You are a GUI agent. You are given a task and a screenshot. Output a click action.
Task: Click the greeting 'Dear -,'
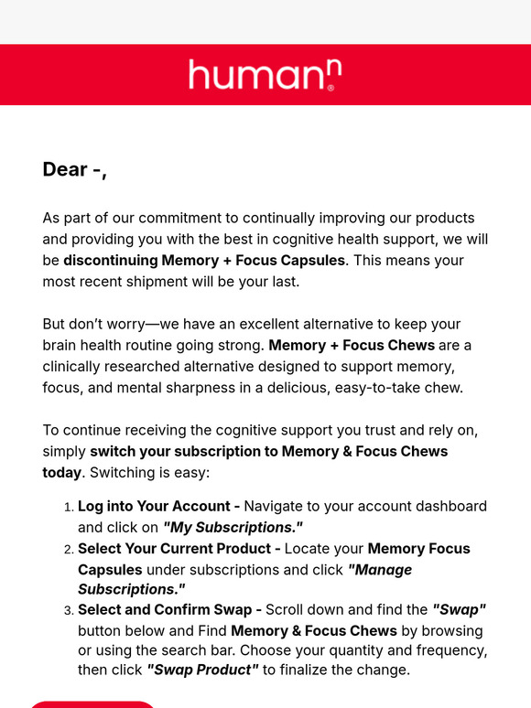tap(74, 169)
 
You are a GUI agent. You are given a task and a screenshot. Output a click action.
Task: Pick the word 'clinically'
tap(76, 366)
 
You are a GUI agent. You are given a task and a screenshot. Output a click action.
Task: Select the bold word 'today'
tap(61, 472)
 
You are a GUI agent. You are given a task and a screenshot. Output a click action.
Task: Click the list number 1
tap(68, 507)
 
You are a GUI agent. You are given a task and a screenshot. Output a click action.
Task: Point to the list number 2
tap(68, 550)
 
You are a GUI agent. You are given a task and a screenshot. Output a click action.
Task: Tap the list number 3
tap(68, 610)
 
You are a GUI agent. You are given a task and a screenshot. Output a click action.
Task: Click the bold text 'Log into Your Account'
tap(154, 506)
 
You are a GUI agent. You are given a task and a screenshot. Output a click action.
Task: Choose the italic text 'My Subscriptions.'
tap(233, 527)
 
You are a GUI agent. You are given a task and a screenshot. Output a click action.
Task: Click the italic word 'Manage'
tap(381, 570)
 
